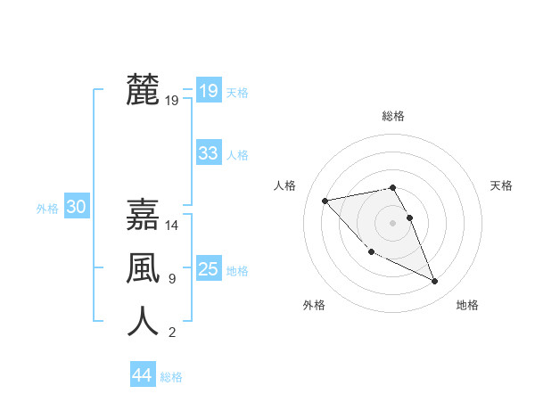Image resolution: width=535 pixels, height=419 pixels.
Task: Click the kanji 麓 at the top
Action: pos(143,90)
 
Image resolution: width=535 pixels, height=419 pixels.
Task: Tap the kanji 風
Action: pos(143,268)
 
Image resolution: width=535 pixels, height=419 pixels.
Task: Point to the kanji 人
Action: pos(143,322)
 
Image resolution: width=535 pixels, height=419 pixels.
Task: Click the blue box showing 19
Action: pos(208,90)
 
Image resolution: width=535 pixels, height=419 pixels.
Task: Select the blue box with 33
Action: pos(208,153)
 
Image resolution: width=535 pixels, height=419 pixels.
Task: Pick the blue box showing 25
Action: pos(208,268)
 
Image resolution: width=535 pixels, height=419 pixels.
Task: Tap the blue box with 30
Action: pos(76,207)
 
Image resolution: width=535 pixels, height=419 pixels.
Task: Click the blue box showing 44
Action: pos(142,375)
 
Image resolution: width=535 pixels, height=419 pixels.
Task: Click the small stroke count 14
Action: pos(173,226)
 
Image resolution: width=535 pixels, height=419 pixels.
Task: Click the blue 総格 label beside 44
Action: pos(171,377)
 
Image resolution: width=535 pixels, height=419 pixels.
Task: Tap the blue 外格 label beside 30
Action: pos(47,209)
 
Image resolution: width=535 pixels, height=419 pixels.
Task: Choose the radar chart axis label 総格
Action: pos(393,116)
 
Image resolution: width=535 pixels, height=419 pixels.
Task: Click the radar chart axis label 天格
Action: pos(502,185)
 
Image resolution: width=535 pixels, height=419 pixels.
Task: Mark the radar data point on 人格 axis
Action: pos(325,200)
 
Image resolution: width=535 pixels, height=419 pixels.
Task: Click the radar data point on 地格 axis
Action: pos(435,282)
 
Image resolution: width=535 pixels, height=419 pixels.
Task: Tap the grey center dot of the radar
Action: pos(393,222)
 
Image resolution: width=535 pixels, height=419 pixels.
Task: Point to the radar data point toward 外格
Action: pos(371,251)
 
